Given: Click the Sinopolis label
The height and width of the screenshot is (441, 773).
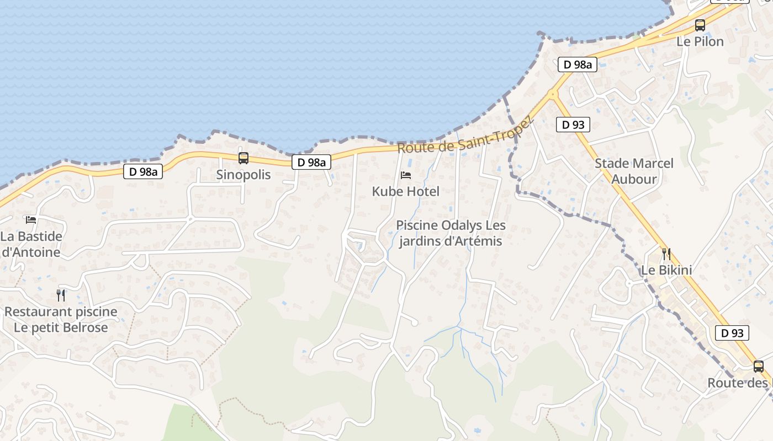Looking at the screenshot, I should pos(243,175).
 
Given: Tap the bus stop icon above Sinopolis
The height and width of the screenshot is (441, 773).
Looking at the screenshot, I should pos(243,158).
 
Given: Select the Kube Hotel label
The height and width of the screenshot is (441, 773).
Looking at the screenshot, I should pos(406,192).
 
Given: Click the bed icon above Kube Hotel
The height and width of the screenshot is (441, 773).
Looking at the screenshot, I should pos(406,175).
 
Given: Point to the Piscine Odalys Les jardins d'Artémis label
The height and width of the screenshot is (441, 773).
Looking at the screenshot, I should pos(451,233).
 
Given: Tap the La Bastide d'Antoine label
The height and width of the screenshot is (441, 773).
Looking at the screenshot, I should pos(31,244).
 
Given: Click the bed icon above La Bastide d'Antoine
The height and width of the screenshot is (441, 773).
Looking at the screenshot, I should pos(31,219).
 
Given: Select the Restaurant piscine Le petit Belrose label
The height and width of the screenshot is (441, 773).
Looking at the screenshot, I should pos(61,319).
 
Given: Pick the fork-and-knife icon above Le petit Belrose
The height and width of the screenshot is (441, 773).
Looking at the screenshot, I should pos(61,295).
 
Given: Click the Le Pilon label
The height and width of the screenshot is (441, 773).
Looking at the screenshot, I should pos(700,42).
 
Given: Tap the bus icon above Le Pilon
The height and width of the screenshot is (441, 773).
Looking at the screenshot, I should pos(700,25).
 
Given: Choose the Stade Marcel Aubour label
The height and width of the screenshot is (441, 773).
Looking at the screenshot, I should pos(634,171).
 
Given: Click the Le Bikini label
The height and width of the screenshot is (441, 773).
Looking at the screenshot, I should pos(666,271).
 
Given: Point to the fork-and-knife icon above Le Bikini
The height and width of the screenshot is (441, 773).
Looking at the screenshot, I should pos(666,254).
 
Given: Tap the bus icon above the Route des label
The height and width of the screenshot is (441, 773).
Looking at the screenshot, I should pos(759,366).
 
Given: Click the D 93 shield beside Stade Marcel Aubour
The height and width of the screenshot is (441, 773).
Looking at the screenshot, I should pos(573,125).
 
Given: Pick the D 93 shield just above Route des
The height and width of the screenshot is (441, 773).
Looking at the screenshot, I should pos(733,333).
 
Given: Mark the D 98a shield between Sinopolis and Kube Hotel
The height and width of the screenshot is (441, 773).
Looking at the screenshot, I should pos(311,162).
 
